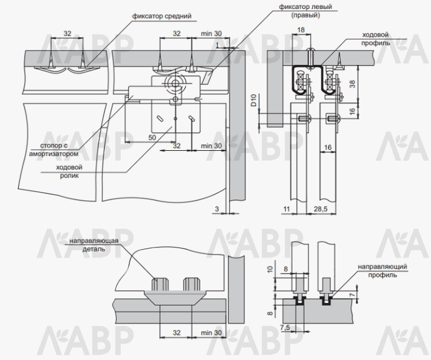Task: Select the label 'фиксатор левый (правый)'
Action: point(306,10)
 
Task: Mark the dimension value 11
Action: point(286,209)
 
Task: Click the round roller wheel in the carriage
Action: point(174,84)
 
